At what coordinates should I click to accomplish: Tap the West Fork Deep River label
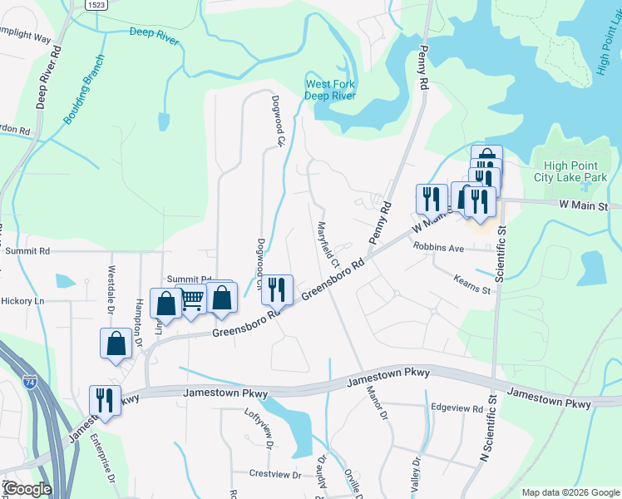pyautogui.click(x=330, y=90)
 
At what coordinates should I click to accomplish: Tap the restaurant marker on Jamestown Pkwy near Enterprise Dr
pyautogui.click(x=105, y=400)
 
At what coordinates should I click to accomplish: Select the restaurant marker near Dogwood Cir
pyautogui.click(x=277, y=289)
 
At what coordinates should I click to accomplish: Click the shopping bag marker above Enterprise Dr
pyautogui.click(x=116, y=343)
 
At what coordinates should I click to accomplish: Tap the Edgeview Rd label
pyautogui.click(x=457, y=408)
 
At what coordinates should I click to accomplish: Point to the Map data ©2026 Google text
pyautogui.click(x=570, y=492)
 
